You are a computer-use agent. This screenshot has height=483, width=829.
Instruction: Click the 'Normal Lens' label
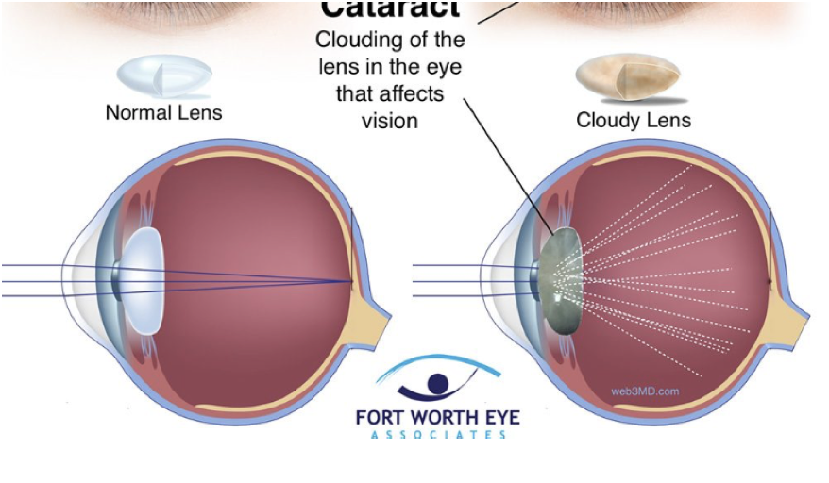tap(163, 113)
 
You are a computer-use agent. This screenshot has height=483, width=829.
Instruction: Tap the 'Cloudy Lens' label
tap(634, 121)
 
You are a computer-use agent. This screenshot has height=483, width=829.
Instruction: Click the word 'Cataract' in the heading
tap(390, 9)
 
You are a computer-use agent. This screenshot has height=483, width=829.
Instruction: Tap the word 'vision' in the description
tap(390, 121)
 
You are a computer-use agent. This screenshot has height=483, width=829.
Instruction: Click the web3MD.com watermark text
tap(645, 391)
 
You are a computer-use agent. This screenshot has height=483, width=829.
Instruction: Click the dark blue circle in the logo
tap(437, 382)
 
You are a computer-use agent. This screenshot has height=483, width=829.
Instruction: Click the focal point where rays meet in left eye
tap(351, 281)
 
